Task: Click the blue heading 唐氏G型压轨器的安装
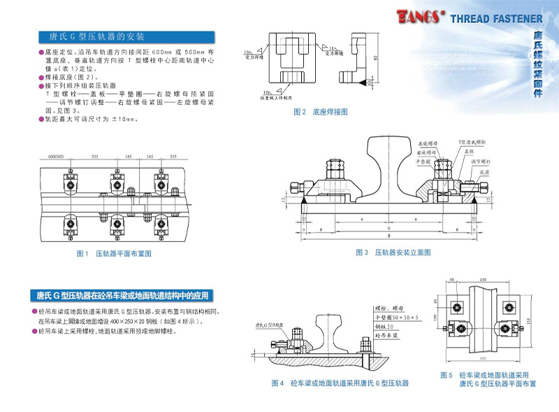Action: click(97, 36)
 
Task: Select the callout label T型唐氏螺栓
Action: click(471, 142)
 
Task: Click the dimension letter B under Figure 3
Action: click(389, 229)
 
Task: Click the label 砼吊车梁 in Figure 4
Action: click(388, 336)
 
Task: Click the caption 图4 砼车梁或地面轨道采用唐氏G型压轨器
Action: click(340, 383)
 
